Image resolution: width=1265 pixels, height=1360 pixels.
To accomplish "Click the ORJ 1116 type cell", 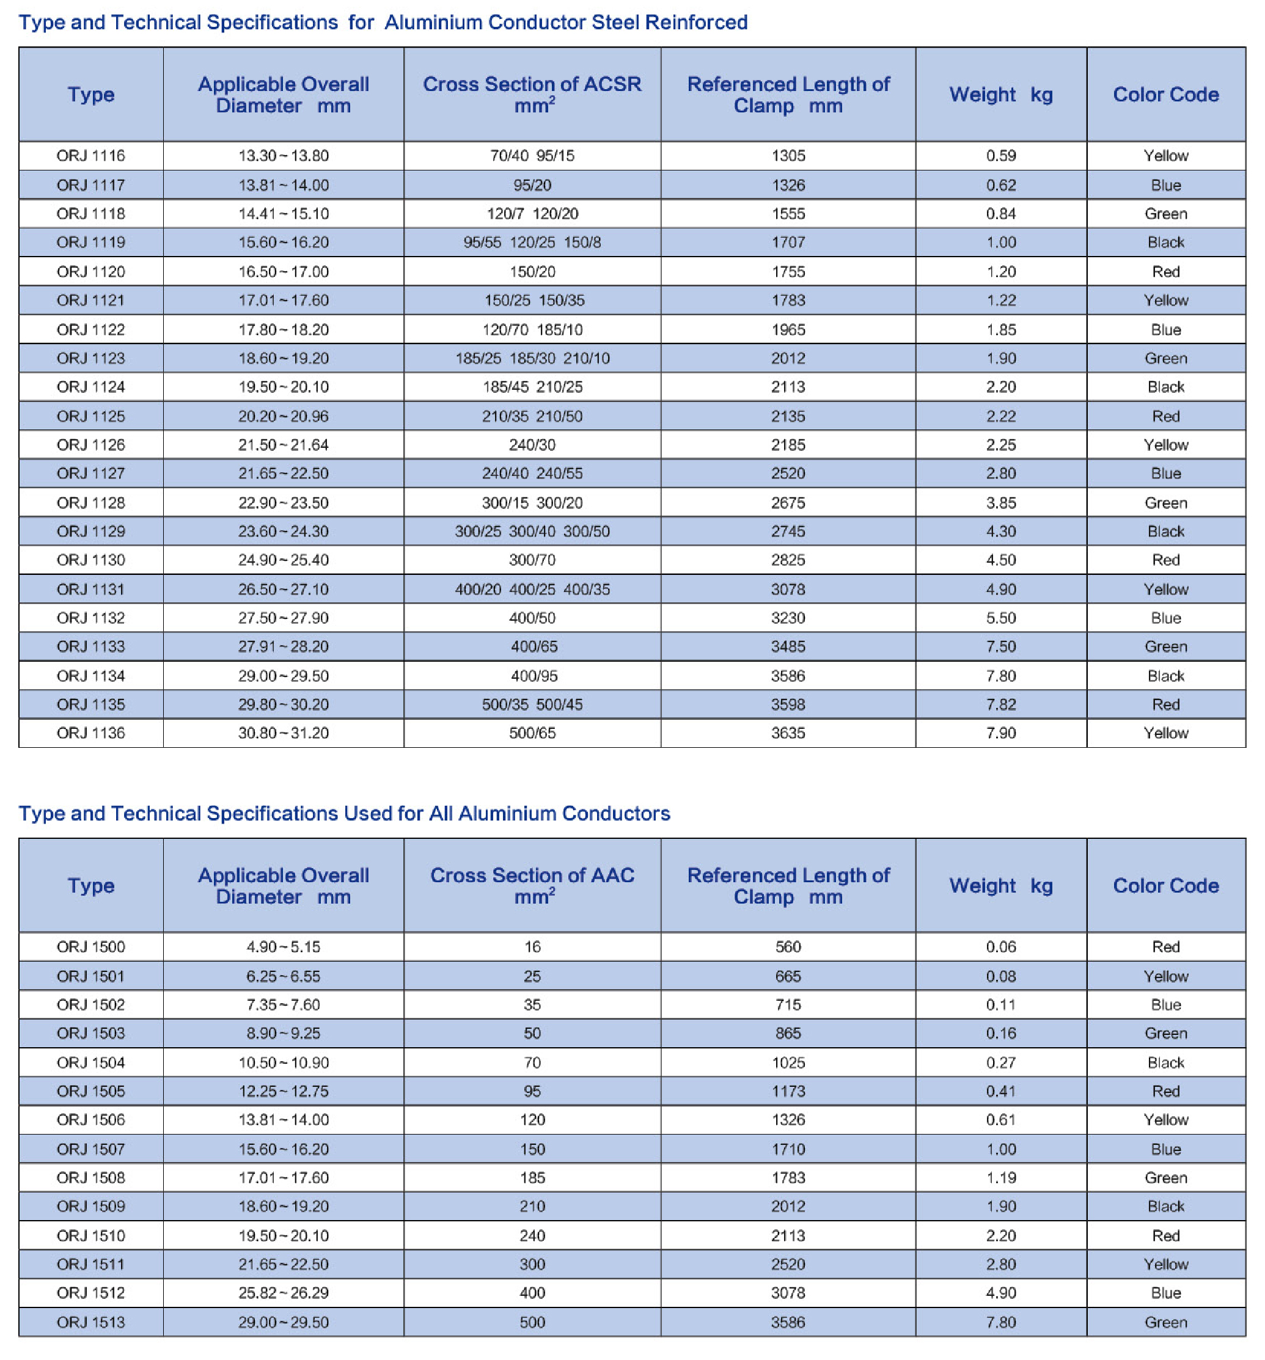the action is pos(91,156).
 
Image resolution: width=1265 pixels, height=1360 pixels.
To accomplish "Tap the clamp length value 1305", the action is pos(788,156).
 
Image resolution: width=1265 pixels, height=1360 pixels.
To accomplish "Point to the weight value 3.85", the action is pos(1001,503).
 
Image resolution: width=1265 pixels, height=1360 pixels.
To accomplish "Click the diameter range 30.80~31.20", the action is pos(283,733).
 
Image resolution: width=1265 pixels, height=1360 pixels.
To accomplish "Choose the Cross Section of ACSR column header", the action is pos(532,95).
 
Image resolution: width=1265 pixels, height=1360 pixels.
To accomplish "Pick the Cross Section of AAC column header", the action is pos(532,885).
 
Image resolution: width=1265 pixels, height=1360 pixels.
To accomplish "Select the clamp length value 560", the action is pos(788,947).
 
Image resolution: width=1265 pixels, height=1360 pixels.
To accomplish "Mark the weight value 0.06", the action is pos(1001,947).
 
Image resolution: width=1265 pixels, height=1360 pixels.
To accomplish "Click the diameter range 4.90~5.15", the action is pos(283,947).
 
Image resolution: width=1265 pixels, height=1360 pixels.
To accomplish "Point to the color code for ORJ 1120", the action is pos(1166,272).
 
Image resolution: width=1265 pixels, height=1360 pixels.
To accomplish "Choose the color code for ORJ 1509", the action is pos(1166,1206).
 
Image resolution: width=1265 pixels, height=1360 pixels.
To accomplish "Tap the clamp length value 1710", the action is pos(788,1149).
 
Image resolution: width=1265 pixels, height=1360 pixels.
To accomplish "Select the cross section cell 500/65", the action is pos(532,733).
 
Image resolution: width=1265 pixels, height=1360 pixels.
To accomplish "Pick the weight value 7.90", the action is pos(1001,733).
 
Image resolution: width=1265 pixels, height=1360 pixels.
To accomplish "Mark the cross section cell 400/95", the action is pos(534,676).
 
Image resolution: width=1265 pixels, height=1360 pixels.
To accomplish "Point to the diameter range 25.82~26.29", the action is pos(283,1293).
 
